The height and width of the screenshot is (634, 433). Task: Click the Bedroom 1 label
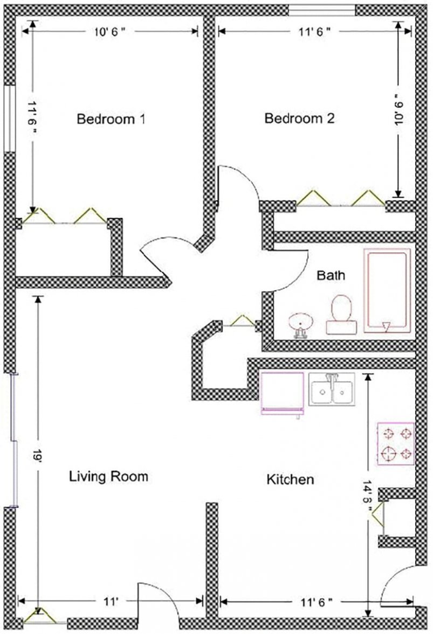pos(111,119)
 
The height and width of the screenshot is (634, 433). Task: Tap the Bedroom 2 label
pos(299,119)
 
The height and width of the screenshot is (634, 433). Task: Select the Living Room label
pos(108,476)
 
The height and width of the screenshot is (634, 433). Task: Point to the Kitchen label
pos(290,479)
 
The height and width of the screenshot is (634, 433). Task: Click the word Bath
pos(331,276)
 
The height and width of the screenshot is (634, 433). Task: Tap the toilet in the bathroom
pos(341,315)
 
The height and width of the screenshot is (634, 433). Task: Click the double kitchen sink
pos(332,389)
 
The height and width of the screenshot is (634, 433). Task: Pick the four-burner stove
pos(396,443)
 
